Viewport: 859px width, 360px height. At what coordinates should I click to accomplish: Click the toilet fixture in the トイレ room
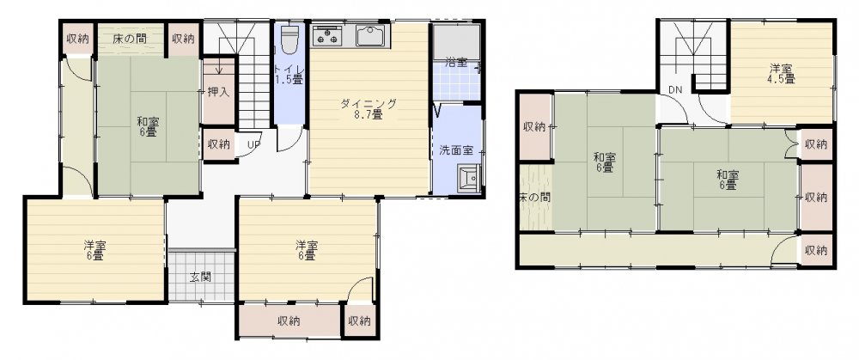289,39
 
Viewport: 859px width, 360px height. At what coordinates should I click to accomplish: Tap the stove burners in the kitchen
327,37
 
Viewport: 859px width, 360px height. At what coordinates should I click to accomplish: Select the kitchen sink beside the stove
373,36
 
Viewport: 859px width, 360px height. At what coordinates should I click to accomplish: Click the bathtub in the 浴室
456,41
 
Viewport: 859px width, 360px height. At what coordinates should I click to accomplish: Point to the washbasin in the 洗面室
470,180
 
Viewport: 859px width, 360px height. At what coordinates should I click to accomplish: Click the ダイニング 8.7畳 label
369,109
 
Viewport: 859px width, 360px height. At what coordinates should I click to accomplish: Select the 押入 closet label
218,92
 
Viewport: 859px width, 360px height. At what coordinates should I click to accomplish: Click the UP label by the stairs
253,145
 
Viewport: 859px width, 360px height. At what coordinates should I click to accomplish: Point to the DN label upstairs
674,89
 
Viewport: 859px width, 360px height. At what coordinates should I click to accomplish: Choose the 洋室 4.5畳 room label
782,74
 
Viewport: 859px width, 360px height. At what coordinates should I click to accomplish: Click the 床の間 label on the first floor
131,39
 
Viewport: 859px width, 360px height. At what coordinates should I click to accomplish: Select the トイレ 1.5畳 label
289,73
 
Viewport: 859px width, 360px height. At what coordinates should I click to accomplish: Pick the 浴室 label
456,62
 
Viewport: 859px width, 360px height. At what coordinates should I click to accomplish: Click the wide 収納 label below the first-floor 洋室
289,321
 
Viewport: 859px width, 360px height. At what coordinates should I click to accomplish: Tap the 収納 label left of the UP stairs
219,144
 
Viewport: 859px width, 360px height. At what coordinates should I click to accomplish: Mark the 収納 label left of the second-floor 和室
534,127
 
